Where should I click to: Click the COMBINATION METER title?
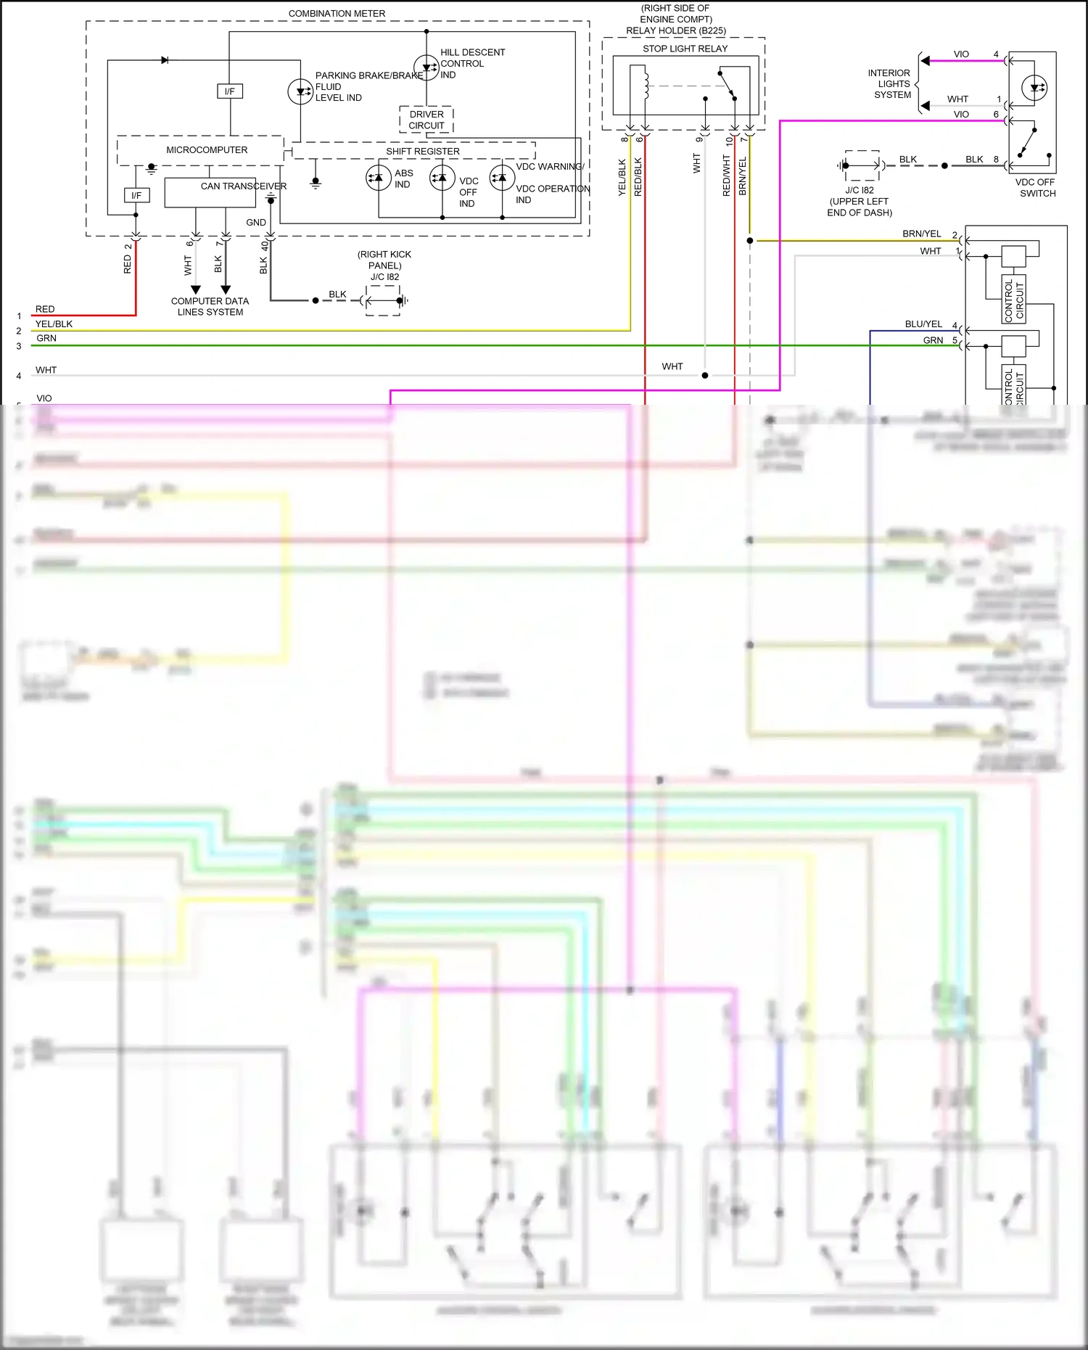(x=337, y=13)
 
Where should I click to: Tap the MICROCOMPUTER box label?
(x=207, y=150)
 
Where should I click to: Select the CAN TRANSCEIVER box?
(x=210, y=192)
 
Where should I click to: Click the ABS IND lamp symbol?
(x=378, y=178)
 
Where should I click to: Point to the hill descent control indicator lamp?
(x=426, y=67)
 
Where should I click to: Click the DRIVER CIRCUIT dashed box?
(x=426, y=120)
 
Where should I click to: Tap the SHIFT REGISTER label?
(x=422, y=152)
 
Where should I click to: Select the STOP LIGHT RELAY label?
(x=685, y=49)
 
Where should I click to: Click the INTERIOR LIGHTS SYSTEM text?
(x=891, y=84)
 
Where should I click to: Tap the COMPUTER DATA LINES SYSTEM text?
(x=210, y=306)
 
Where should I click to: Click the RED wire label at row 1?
(x=45, y=309)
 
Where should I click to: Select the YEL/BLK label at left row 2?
(x=54, y=324)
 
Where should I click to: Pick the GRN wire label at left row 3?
(x=46, y=339)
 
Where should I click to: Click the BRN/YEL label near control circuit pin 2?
(x=921, y=234)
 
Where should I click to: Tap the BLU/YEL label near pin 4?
(x=923, y=324)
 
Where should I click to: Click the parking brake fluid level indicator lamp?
(x=300, y=91)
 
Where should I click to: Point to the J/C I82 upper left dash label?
(x=860, y=201)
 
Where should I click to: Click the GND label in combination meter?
(x=256, y=223)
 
